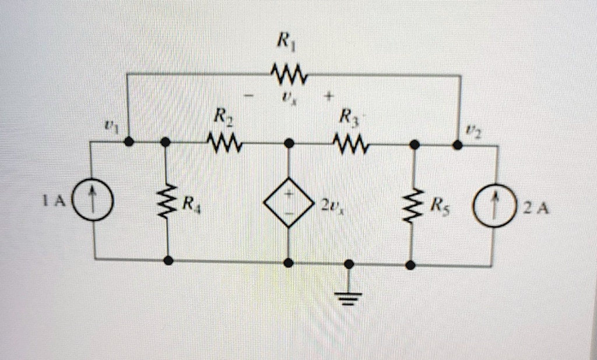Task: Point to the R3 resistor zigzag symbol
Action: tap(348, 142)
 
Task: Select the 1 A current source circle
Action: tap(93, 204)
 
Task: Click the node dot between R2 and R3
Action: tap(289, 142)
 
